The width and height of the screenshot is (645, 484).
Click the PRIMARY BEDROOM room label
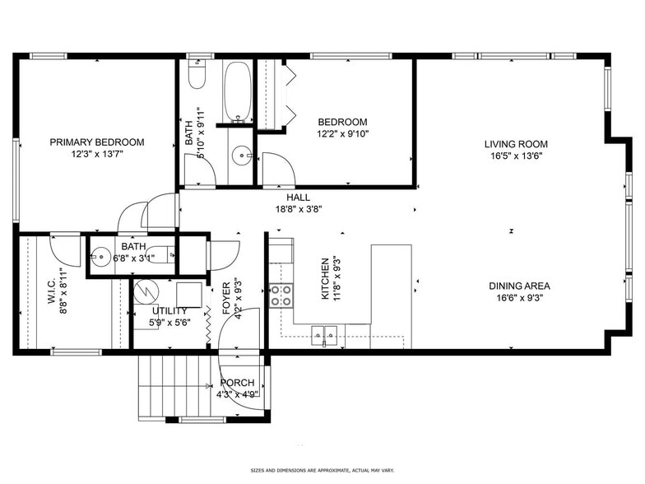[x=96, y=142]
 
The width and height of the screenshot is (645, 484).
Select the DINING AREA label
[x=519, y=286]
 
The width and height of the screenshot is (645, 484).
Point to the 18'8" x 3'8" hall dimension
[x=298, y=209]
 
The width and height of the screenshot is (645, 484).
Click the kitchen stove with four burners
[x=281, y=296]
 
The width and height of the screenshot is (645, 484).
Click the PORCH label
[x=237, y=383]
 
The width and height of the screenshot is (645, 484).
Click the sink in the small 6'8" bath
[x=101, y=255]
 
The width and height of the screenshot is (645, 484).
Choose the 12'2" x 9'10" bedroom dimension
[x=342, y=133]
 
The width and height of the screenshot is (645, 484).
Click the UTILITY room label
[x=169, y=311]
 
